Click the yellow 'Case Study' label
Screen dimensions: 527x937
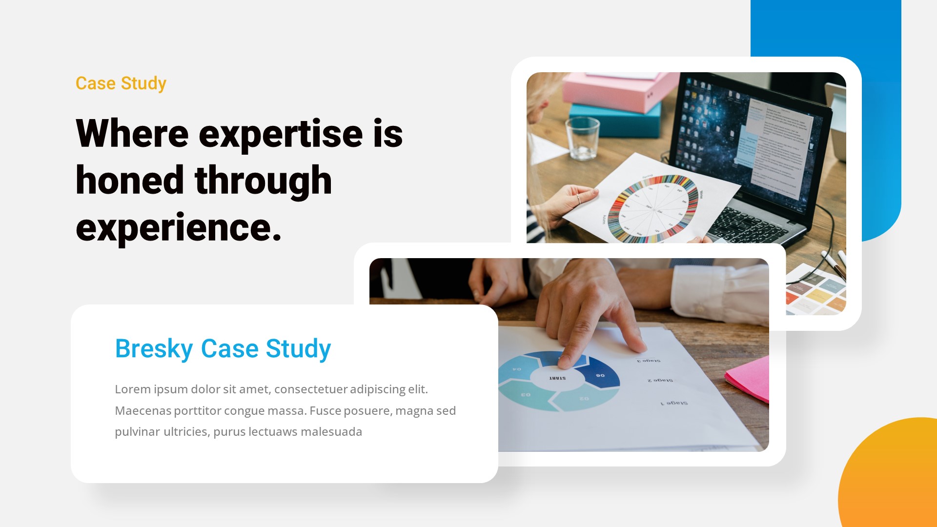[121, 83]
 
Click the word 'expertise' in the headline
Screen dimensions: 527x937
[281, 134]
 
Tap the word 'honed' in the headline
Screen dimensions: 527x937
[129, 181]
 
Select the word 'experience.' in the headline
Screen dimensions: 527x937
[179, 227]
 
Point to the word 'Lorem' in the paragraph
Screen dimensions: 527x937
[132, 389]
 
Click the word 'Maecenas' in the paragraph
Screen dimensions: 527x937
[143, 411]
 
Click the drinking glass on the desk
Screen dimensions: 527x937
[582, 139]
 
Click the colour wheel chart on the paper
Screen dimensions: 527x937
[653, 209]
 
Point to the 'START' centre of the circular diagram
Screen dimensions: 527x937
[557, 378]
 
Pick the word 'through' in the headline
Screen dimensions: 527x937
[263, 181]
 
